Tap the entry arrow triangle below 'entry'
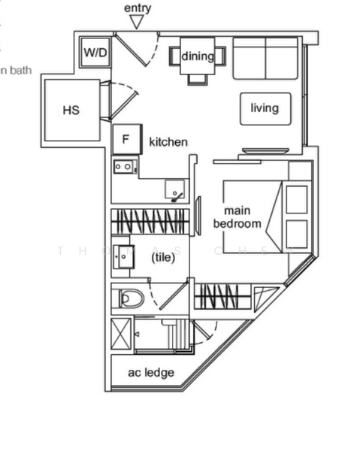pyautogui.click(x=135, y=22)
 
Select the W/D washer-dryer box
pyautogui.click(x=95, y=53)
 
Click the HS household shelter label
pyautogui.click(x=71, y=110)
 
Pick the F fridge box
pyautogui.click(x=126, y=139)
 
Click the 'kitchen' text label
pyautogui.click(x=168, y=142)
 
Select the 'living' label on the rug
pyautogui.click(x=265, y=108)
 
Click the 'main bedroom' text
pyautogui.click(x=237, y=217)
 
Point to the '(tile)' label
pyautogui.click(x=163, y=257)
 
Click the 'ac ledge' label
pyautogui.click(x=151, y=373)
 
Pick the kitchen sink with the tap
pyautogui.click(x=176, y=192)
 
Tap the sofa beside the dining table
pyautogui.click(x=266, y=58)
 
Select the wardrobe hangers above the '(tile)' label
pyautogui.click(x=150, y=221)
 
